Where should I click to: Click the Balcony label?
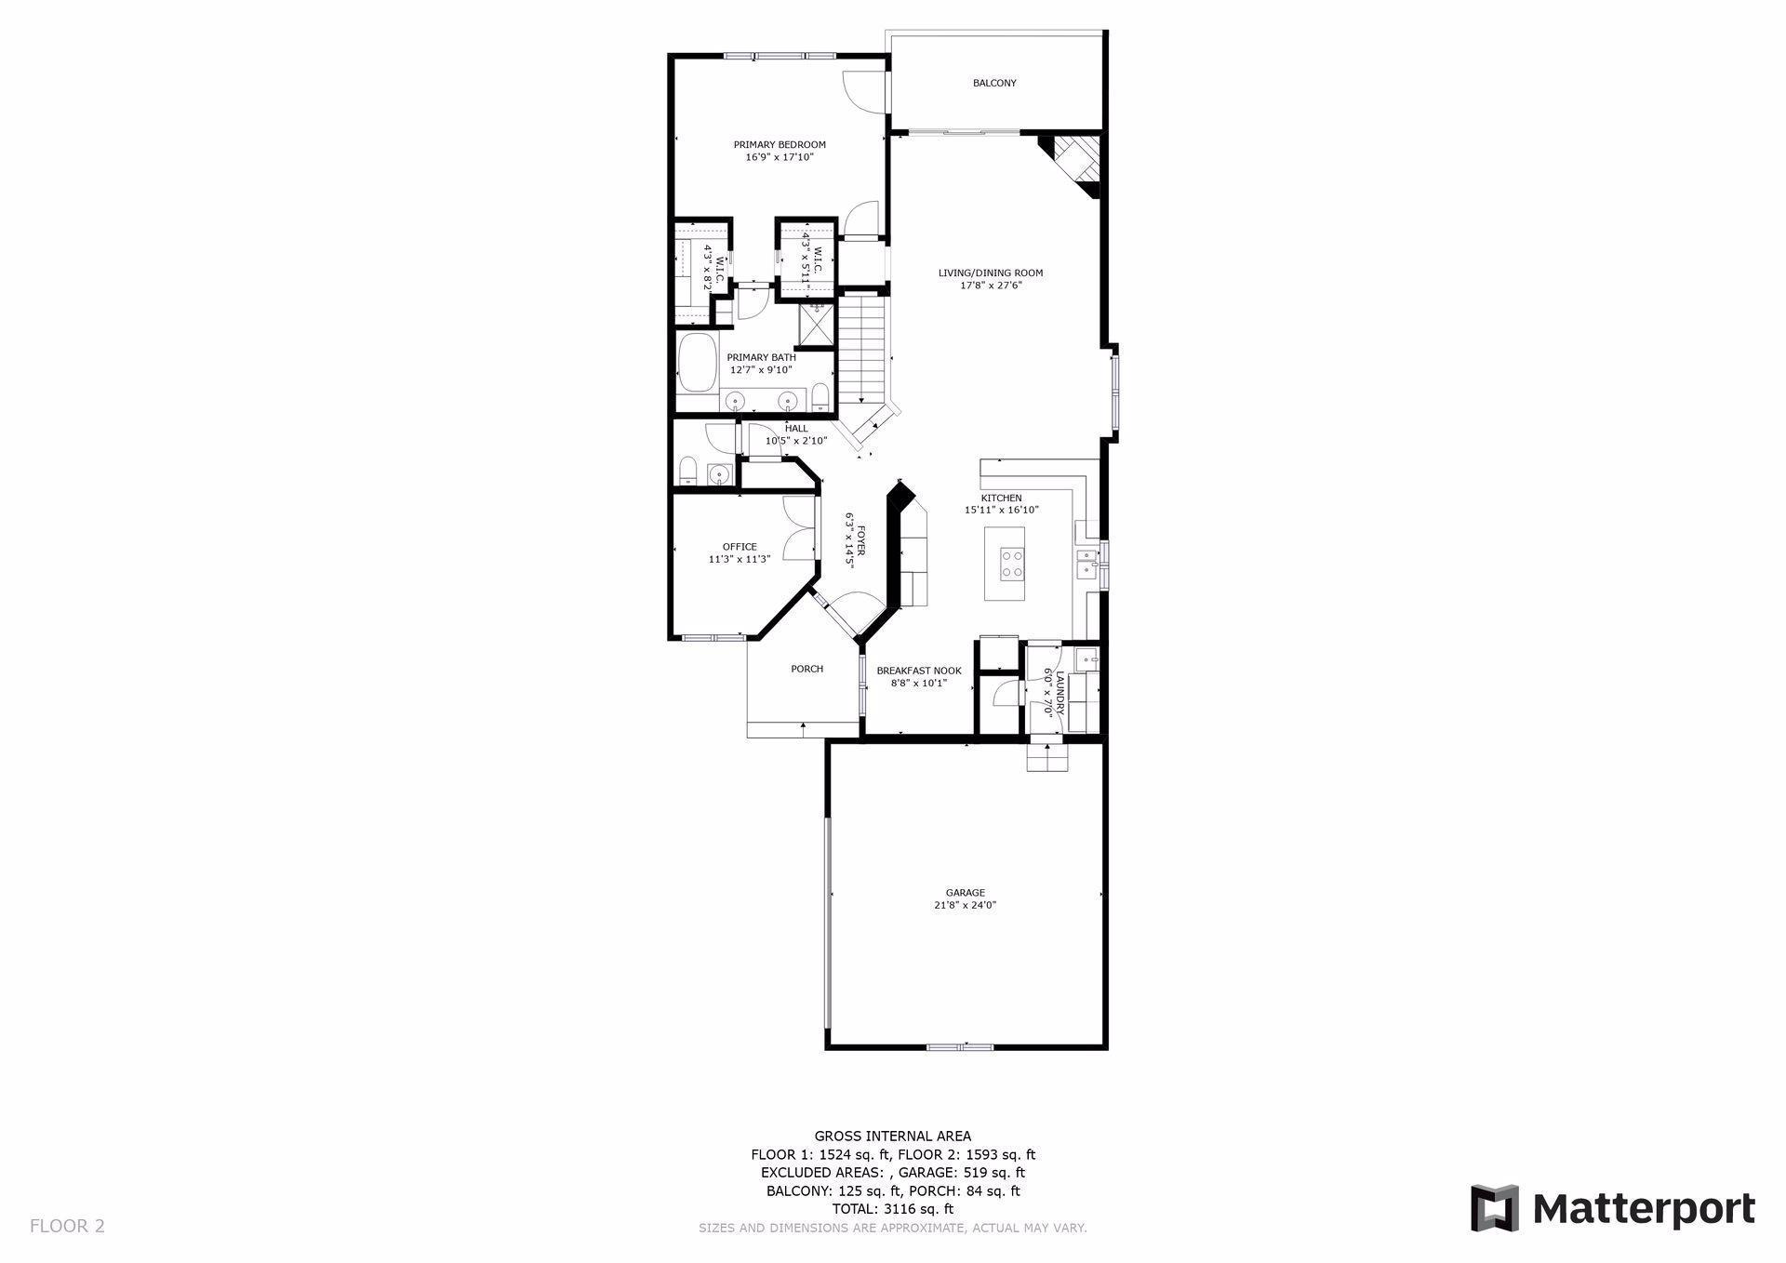(x=994, y=84)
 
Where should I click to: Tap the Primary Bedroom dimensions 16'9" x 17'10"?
(x=780, y=158)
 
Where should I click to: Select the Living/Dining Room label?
(x=990, y=273)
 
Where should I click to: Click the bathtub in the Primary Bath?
(x=696, y=365)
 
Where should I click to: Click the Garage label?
(x=965, y=893)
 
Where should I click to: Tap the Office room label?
(x=740, y=547)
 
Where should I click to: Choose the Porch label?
(x=806, y=669)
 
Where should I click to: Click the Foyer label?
(x=860, y=540)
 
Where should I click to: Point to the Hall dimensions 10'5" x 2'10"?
(x=796, y=441)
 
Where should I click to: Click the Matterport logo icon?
(x=1494, y=1208)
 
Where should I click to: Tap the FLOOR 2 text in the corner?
(x=67, y=1226)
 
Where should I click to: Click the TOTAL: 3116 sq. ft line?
(x=892, y=1209)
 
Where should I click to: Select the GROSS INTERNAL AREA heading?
(x=892, y=1136)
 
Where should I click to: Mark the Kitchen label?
(x=1001, y=498)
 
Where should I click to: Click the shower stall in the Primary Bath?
(x=816, y=325)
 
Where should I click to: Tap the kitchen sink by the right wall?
(x=1086, y=564)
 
